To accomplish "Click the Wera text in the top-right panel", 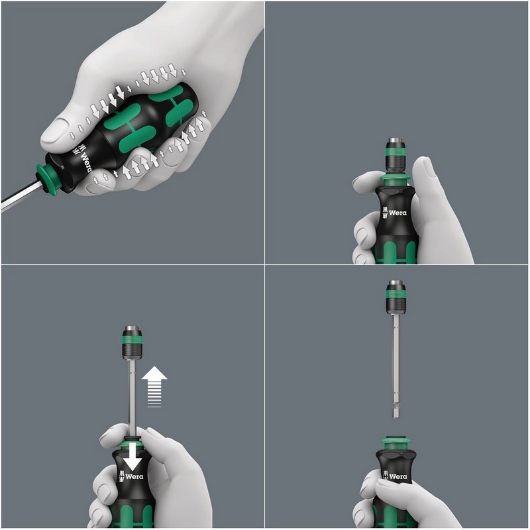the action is [x=397, y=213].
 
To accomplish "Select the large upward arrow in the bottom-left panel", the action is [x=154, y=386].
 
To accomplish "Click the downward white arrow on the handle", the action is [x=132, y=456].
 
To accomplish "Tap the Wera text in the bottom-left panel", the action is [x=134, y=476].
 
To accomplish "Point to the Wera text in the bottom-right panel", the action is [x=398, y=476].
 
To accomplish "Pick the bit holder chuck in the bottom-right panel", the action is [x=396, y=297].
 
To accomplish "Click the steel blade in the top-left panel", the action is [x=21, y=197].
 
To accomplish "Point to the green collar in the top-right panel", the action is [x=395, y=180].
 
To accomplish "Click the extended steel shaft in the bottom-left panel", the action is [x=132, y=398].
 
